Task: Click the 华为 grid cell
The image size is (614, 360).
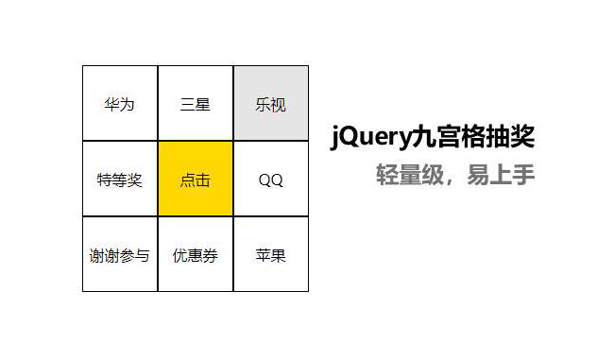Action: tap(120, 104)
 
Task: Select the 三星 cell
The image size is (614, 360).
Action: tap(196, 104)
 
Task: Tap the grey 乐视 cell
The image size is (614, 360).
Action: tap(271, 104)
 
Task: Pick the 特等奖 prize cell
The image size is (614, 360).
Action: tap(120, 180)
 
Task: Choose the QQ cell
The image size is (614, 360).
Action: tap(271, 180)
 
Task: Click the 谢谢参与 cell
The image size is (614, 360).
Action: tap(120, 255)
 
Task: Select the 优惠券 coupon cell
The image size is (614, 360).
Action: tap(196, 255)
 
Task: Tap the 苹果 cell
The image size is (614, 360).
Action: tap(271, 255)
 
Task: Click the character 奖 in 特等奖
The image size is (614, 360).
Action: tap(135, 180)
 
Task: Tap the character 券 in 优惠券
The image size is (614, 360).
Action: tap(211, 255)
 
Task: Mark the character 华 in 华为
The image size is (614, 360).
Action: tap(112, 104)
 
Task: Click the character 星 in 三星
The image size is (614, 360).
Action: tap(203, 104)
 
